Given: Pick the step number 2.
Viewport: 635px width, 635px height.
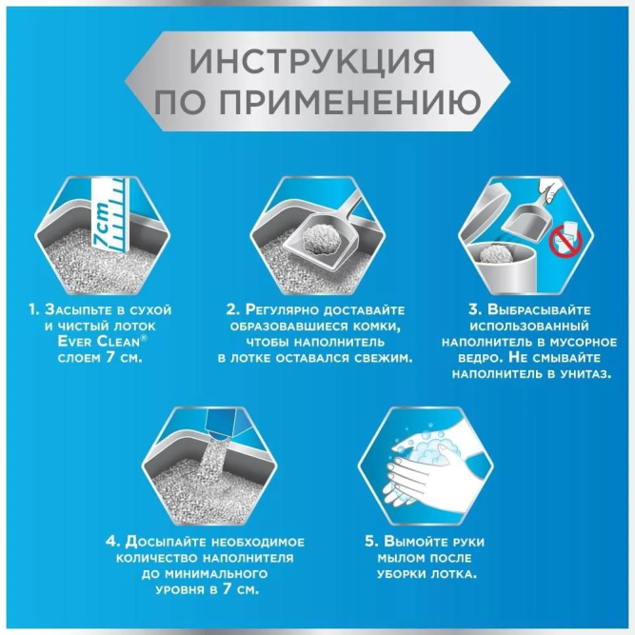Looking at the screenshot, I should point(232,310).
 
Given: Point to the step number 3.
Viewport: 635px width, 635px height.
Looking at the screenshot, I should point(453,310).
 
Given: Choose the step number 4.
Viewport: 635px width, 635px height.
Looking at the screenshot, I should point(112,541).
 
